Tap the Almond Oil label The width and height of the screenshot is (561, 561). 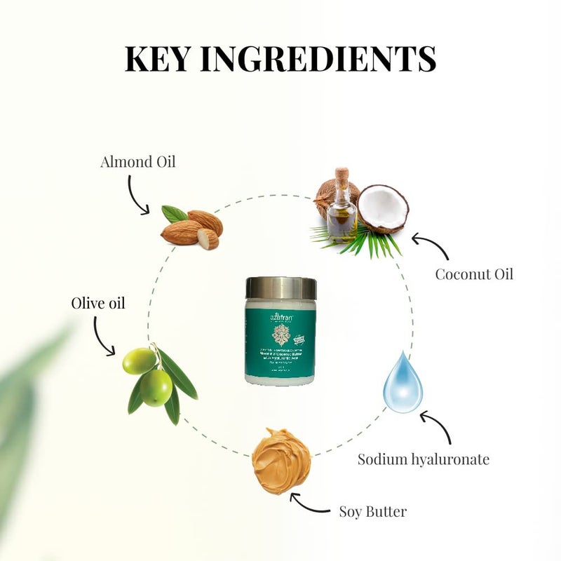[x=138, y=162]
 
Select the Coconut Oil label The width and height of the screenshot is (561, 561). [x=474, y=273]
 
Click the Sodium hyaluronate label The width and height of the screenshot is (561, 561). [x=424, y=460]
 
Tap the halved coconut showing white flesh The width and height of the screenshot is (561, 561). [x=383, y=208]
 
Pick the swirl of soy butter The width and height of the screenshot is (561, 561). [x=281, y=460]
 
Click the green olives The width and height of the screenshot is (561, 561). [x=149, y=376]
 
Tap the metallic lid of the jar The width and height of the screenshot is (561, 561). [x=280, y=288]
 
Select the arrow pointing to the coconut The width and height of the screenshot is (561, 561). [x=430, y=247]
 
